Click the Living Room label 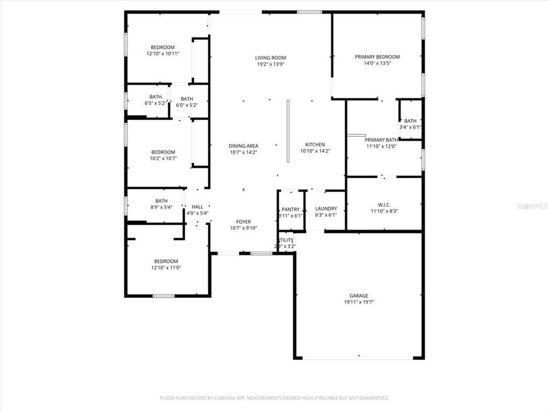tap(270, 58)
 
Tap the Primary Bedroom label tap(377, 57)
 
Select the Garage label tap(359, 295)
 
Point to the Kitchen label tap(315, 145)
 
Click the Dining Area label tap(244, 146)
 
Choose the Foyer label tap(244, 221)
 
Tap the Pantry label tap(291, 209)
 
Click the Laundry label tap(326, 209)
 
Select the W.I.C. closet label tap(384, 204)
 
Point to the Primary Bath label tap(381, 140)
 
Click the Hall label tap(197, 207)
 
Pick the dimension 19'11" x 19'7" tap(359, 302)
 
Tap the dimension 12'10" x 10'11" tap(163, 54)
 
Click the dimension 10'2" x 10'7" tap(163, 159)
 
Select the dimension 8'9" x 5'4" tap(161, 208)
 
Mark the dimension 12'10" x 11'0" tap(165, 268)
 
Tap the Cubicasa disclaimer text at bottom tap(274, 398)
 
